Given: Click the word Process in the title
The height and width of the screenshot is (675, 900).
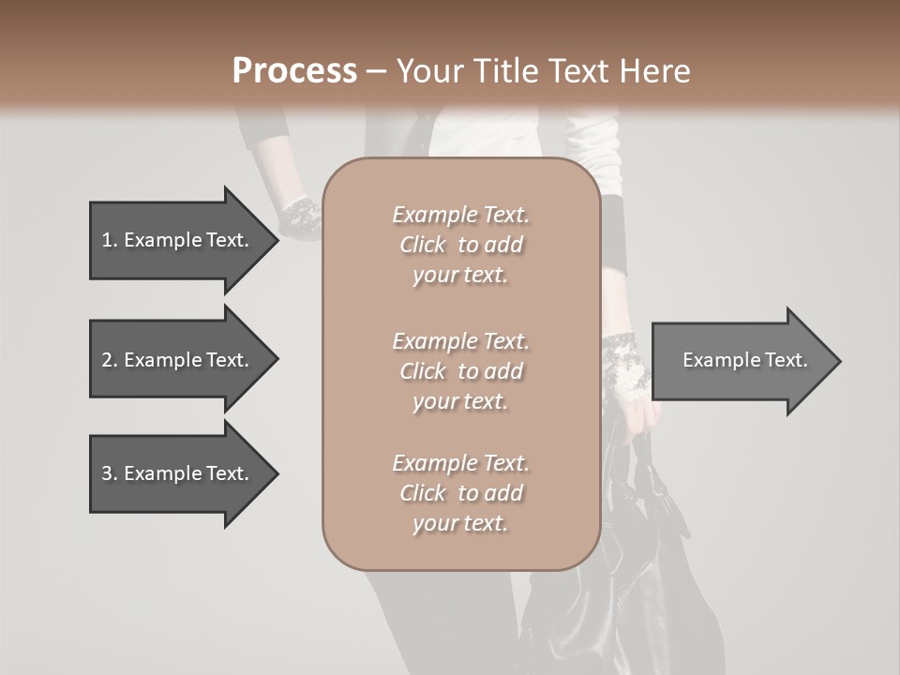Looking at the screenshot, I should click(x=294, y=71).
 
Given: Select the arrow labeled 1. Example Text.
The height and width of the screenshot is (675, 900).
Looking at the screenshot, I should click(x=178, y=240).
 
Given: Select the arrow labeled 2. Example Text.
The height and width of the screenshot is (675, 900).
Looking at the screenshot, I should click(x=178, y=360).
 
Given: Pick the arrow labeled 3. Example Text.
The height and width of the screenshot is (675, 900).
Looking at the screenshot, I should click(x=178, y=473).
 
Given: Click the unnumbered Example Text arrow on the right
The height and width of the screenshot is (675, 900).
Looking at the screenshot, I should click(x=744, y=360).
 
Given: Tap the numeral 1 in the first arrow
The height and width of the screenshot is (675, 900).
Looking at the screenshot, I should click(x=107, y=240).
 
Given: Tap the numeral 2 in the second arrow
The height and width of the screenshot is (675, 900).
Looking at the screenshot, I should click(x=107, y=360).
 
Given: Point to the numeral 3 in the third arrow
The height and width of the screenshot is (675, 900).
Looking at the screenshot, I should click(x=107, y=473).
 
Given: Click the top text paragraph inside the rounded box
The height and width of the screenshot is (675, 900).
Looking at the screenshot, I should click(x=460, y=245).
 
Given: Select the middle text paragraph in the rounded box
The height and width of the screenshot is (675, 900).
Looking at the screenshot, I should click(x=460, y=371).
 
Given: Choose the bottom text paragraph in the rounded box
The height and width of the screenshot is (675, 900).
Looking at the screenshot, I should click(x=460, y=493).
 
